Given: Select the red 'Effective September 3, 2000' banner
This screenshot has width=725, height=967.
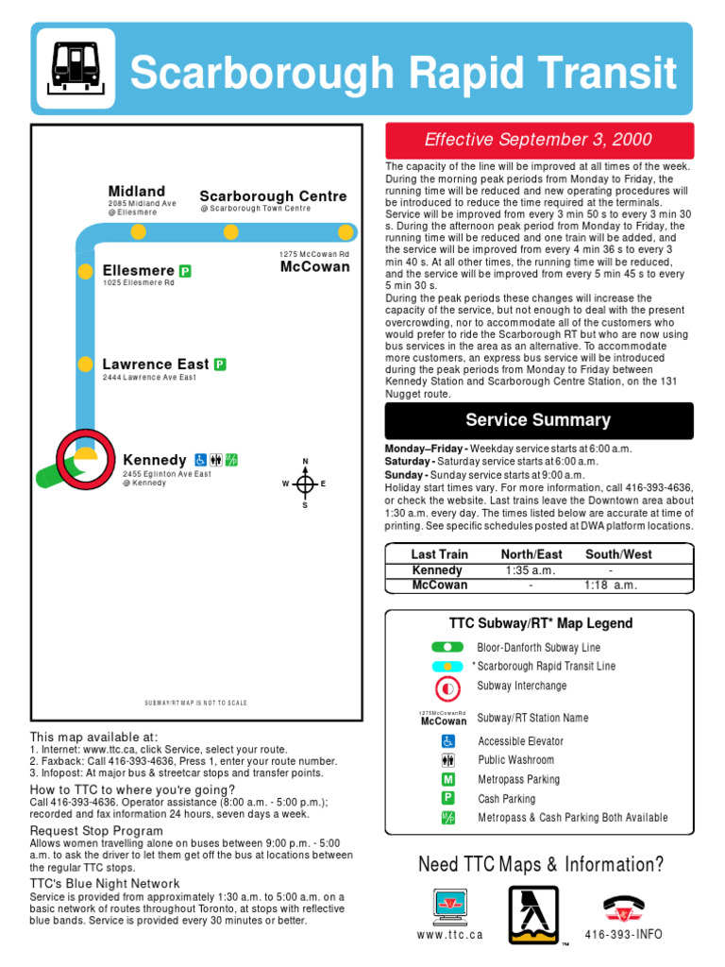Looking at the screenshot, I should tap(538, 140).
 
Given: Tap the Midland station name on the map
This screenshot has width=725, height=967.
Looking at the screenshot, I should tap(136, 192).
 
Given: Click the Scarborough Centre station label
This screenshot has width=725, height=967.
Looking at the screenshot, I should tap(273, 196).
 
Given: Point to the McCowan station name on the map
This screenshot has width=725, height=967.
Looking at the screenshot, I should tap(314, 267).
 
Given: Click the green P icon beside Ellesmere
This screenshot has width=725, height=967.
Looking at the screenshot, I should tap(186, 271).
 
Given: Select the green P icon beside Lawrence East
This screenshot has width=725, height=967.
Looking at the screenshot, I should tap(220, 364).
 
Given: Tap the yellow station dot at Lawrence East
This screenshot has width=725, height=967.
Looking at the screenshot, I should tap(85, 364).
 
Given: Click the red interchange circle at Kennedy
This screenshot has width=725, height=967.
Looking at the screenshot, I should tap(85, 458).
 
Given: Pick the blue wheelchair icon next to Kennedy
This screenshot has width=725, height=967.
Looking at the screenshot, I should tap(201, 460).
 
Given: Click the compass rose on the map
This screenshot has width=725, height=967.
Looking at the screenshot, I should tap(304, 483).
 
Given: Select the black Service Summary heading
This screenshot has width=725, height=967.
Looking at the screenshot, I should tap(538, 420).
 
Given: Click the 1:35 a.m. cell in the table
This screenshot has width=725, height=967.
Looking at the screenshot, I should tap(531, 570).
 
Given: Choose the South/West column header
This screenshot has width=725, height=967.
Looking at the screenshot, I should tap(617, 554).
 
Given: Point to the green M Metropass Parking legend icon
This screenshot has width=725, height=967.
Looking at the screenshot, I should tap(448, 779).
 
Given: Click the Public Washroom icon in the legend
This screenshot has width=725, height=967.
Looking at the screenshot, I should tap(448, 760).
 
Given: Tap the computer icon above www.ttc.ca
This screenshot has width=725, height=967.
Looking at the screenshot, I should tap(449, 906).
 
